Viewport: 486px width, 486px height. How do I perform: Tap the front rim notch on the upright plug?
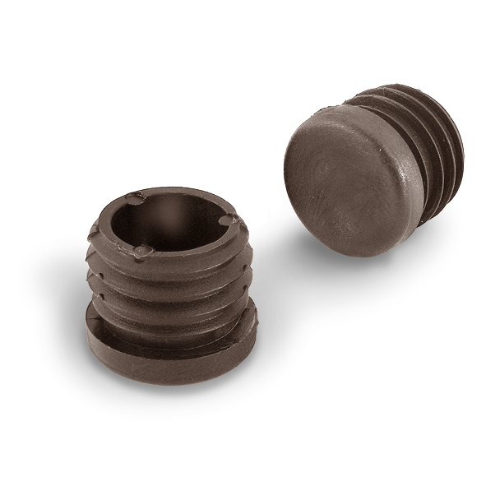(141, 250)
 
